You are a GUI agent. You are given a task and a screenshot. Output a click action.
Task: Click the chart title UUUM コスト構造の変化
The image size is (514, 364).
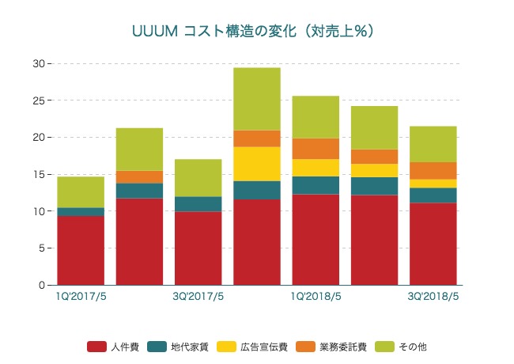252,31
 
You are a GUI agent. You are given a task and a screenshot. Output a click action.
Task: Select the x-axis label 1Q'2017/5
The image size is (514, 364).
81,297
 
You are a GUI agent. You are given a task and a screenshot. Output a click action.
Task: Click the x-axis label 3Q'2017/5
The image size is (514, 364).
198,297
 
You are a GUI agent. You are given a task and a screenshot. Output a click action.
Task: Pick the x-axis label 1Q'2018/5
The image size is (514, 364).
316,297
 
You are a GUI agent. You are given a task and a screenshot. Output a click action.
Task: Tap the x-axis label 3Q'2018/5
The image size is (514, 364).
433,297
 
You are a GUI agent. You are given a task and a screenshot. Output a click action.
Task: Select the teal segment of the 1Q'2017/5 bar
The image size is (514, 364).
81,212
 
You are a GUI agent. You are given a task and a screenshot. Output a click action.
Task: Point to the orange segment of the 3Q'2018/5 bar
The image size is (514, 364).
433,171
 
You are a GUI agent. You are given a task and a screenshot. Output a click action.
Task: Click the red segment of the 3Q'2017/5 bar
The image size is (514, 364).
198,248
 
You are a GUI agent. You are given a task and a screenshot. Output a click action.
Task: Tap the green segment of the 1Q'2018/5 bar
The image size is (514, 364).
316,117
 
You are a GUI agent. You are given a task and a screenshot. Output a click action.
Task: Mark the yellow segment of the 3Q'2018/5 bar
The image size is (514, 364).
433,184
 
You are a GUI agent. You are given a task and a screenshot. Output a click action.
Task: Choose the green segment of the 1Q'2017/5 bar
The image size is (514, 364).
81,192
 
